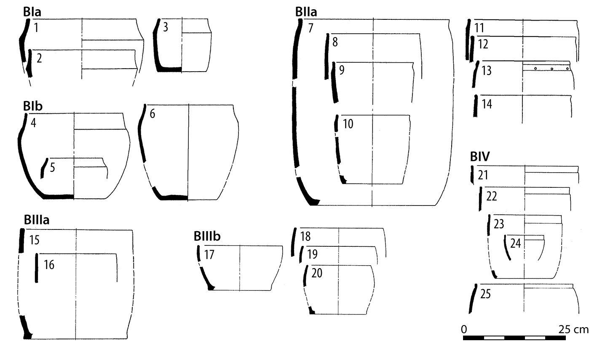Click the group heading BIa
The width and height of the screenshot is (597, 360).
click(32, 12)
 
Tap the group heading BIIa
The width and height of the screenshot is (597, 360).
click(306, 12)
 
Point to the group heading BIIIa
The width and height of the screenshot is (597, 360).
click(37, 220)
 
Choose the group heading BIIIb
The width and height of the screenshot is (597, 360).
click(207, 237)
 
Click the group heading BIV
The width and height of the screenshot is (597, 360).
click(479, 157)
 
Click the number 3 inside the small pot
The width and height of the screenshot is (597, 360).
click(165, 28)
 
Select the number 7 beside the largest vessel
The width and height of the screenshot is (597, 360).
click(311, 29)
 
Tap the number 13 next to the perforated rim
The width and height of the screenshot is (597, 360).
click(487, 70)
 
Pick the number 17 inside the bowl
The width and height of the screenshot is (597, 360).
click(209, 255)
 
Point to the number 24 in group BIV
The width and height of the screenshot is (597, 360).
click(515, 243)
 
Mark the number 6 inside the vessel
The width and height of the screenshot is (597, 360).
click(152, 114)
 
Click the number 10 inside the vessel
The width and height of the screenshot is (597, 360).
click(348, 124)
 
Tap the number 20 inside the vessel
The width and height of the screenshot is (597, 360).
click(317, 273)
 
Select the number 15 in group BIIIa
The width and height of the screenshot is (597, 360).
click(35, 240)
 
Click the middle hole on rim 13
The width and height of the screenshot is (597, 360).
click(551, 69)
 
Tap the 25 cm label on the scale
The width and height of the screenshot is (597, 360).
click(573, 329)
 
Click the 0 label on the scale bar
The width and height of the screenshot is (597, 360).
click(464, 329)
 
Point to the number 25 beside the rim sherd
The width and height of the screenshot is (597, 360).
click(485, 294)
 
